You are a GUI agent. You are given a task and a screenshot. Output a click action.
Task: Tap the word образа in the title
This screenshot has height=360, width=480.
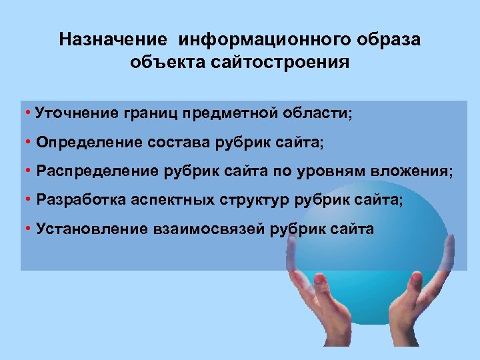click(390, 39)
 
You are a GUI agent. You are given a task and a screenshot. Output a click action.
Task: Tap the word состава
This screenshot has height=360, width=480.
click(176, 142)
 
